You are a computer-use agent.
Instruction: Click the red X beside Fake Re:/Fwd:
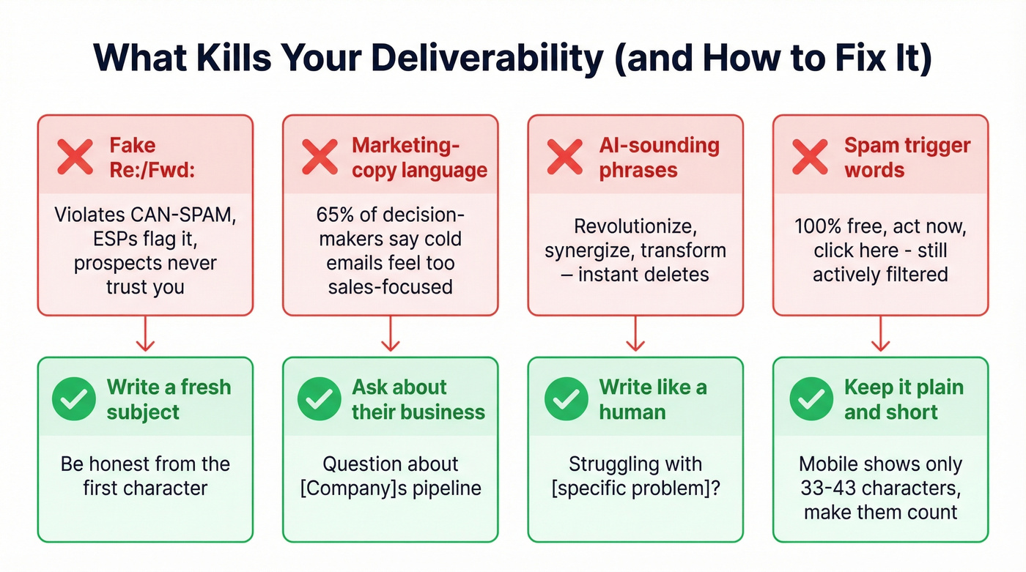tap(75, 157)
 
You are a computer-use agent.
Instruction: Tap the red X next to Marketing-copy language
tap(320, 157)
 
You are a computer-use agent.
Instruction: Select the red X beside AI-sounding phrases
tap(565, 157)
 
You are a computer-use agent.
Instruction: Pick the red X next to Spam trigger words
tap(810, 157)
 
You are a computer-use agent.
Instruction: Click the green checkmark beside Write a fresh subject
tap(75, 399)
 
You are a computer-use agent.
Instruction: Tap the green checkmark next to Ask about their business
tap(320, 399)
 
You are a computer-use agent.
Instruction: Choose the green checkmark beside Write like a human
tap(565, 399)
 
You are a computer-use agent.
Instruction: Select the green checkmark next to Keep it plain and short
tap(810, 399)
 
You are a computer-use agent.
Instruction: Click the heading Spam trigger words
tap(907, 157)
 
